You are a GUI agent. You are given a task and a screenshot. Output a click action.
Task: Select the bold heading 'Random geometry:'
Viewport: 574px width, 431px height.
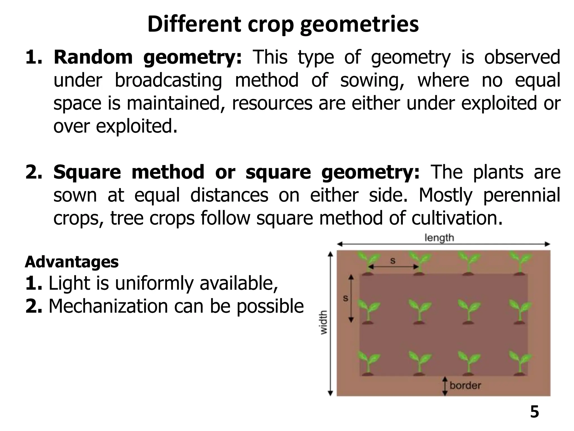147,57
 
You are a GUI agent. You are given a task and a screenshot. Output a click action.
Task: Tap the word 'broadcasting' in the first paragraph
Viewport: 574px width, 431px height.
168,80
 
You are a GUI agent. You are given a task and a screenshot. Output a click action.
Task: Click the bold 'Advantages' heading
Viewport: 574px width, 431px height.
72,262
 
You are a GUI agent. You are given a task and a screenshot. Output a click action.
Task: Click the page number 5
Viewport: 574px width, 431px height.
534,412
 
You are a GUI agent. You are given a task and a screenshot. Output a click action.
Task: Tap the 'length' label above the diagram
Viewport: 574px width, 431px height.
439,238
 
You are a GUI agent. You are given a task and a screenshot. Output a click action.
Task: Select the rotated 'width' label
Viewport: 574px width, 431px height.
323,322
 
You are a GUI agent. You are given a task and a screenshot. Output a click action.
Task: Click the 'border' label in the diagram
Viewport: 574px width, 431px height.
465,385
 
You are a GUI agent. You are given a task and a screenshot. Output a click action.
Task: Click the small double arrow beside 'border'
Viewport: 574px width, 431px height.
445,386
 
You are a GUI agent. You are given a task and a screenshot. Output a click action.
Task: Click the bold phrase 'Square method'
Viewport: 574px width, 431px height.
129,172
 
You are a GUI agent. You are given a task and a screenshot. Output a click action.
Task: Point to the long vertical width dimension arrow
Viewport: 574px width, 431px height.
330,323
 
